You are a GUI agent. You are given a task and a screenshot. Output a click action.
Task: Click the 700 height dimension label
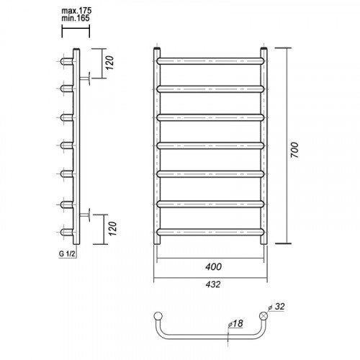coord(294,150)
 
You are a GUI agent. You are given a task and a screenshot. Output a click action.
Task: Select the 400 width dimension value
coord(213,267)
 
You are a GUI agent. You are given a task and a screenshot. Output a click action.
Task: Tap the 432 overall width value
coord(213,284)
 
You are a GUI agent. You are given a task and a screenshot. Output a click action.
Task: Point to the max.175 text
coord(76,11)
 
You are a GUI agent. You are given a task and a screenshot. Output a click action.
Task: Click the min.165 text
coord(76,18)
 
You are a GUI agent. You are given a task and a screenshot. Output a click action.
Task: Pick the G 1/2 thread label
coord(67,253)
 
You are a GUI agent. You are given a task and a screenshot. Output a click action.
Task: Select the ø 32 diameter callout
coord(276,307)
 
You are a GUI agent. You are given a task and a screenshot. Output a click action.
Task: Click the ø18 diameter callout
coord(235,323)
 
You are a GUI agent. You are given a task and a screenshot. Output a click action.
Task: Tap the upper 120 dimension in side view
coord(109,63)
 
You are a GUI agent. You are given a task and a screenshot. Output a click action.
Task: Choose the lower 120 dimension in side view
coord(112,229)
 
